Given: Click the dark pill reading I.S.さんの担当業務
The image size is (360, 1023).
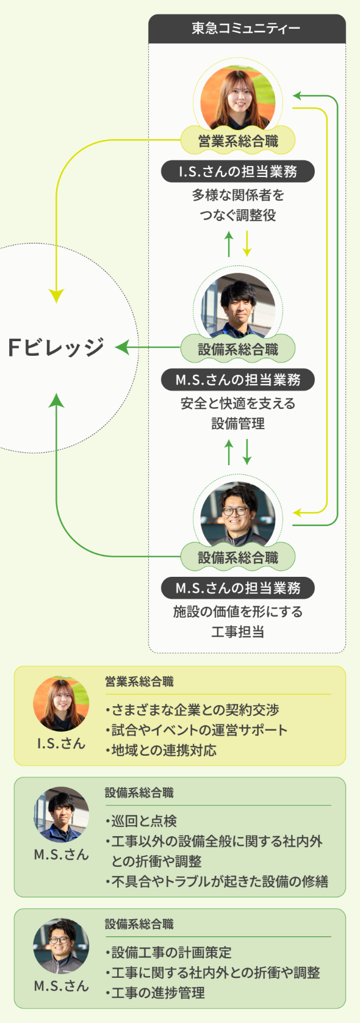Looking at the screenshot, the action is (x=238, y=172).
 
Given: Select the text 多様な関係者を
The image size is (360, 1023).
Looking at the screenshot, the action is (x=238, y=195).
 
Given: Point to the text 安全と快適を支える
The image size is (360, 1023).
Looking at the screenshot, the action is (x=238, y=403).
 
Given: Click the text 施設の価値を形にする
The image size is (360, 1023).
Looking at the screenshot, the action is (x=238, y=612).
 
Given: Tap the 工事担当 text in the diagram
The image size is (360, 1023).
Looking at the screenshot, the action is (x=238, y=632).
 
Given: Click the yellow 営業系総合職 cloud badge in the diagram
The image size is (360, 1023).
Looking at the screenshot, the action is (x=238, y=140).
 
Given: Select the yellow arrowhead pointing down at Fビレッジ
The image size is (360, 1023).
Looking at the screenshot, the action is (x=56, y=296).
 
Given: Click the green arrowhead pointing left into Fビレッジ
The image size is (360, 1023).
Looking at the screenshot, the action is (x=122, y=347).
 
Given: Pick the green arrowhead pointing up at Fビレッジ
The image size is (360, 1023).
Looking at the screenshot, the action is (x=56, y=400).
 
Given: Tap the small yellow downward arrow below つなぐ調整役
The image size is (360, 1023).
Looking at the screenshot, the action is (x=247, y=244).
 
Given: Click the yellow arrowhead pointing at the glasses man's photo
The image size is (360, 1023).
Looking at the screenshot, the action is (x=297, y=513).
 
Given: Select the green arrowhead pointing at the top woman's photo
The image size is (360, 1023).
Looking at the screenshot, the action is (x=297, y=95).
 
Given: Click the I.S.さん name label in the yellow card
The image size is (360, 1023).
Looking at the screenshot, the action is (x=61, y=744).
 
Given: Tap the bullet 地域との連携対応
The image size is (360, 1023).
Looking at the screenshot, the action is (x=160, y=750).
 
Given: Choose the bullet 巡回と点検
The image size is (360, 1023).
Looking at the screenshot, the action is (x=141, y=821).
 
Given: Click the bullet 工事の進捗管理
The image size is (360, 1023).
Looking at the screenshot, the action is (x=154, y=993).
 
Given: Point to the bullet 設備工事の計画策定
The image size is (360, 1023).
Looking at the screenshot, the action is (x=168, y=952).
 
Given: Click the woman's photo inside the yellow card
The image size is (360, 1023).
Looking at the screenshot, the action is (x=61, y=704).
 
